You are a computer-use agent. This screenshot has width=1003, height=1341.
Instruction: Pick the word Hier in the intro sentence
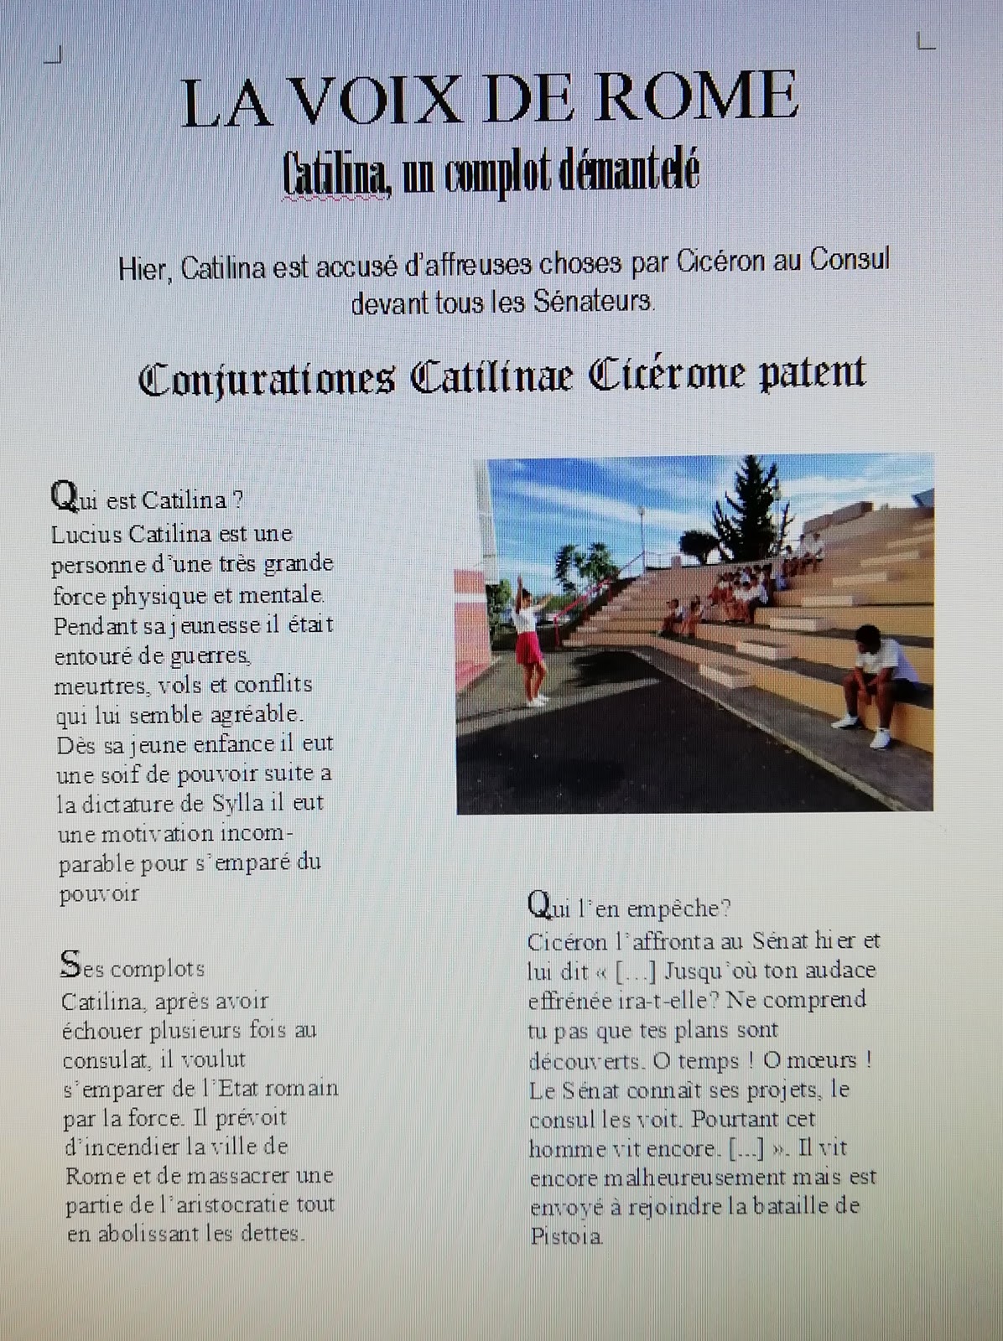(x=143, y=269)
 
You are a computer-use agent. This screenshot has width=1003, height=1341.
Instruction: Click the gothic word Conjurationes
(x=267, y=379)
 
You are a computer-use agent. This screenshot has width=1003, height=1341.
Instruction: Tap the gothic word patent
(x=812, y=374)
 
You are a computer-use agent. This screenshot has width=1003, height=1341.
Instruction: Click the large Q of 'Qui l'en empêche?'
(x=539, y=904)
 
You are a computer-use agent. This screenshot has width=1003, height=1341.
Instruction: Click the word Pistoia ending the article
(x=566, y=1236)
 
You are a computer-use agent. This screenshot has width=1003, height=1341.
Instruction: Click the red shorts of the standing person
(x=527, y=648)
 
